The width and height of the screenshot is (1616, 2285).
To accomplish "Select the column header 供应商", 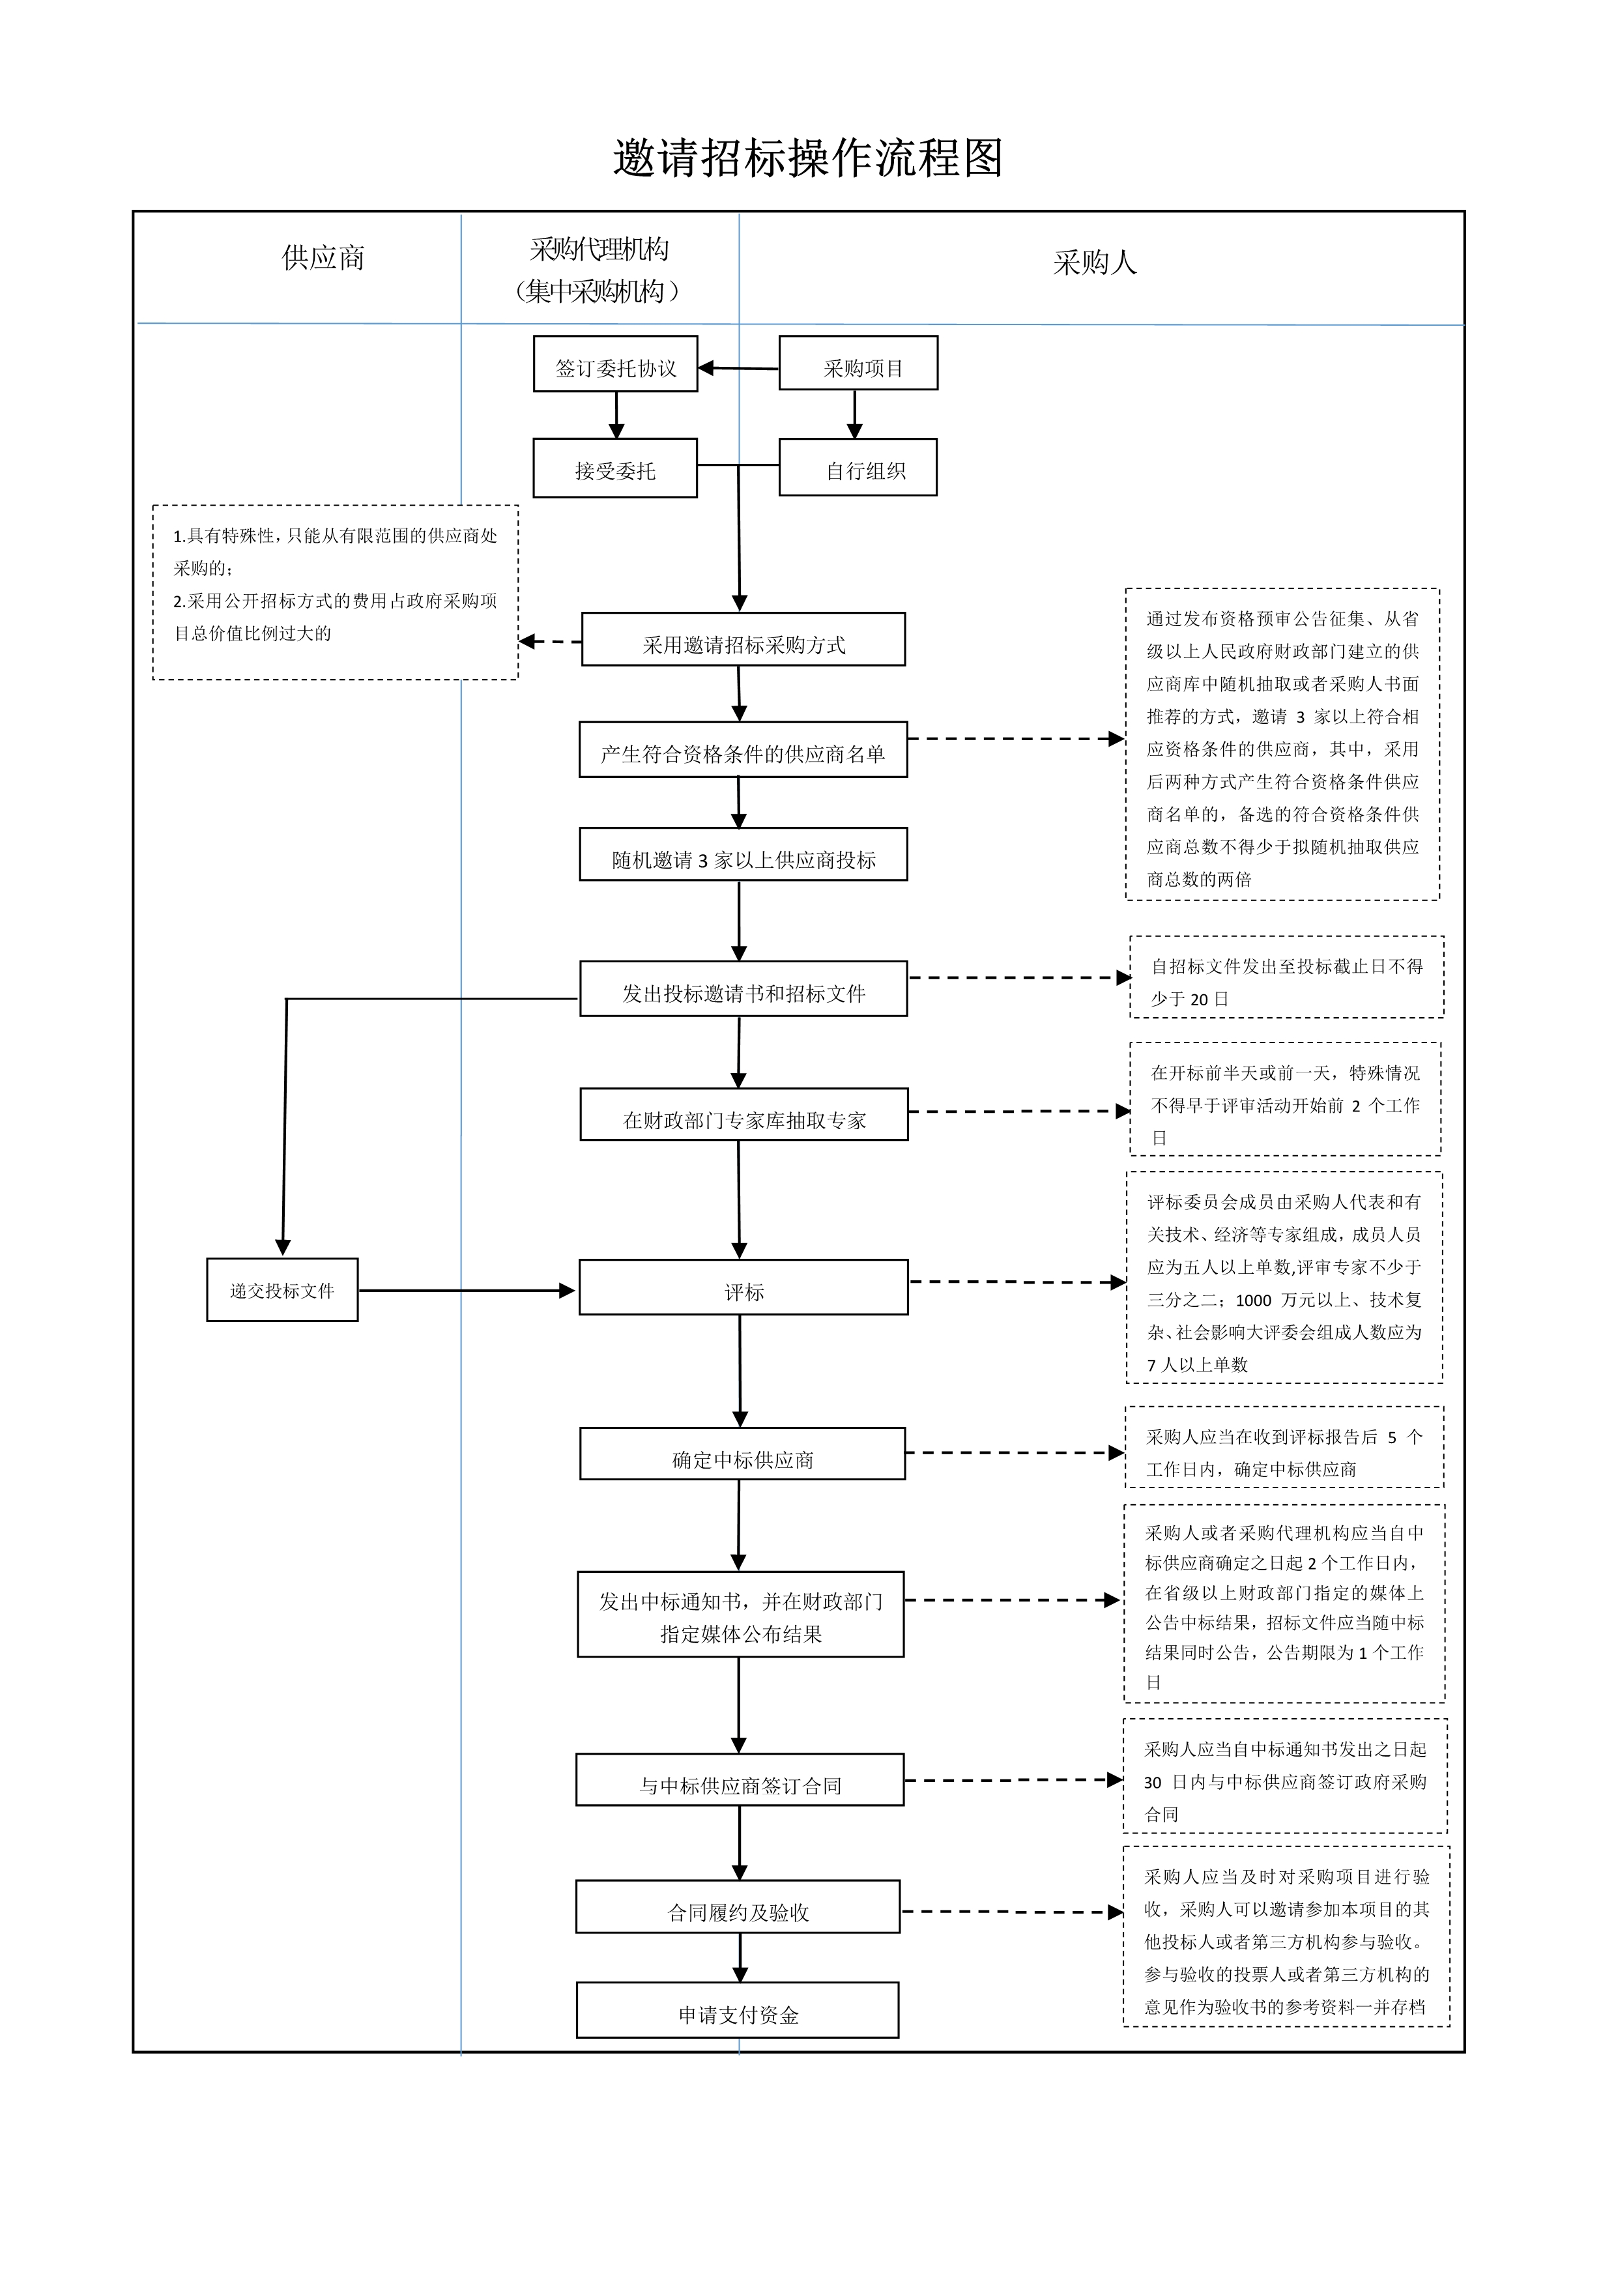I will tap(323, 258).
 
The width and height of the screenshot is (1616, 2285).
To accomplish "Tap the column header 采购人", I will tap(1095, 263).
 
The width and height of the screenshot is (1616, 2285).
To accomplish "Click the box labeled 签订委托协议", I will tap(615, 364).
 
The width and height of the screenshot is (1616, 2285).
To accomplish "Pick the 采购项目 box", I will tap(858, 364).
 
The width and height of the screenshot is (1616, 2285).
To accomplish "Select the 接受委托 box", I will tap(615, 468).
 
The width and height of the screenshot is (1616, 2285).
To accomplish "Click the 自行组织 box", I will tap(858, 468).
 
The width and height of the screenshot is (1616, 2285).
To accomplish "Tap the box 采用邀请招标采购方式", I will tap(743, 640).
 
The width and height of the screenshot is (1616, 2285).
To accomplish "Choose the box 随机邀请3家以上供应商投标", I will tap(743, 855).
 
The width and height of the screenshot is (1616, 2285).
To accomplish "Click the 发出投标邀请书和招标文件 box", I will tap(743, 989).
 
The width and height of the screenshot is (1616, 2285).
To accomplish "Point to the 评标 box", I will tap(743, 1288).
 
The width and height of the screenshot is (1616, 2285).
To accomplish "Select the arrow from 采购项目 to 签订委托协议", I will tap(738, 368).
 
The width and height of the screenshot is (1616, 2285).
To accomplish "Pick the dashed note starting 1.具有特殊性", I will tap(336, 593).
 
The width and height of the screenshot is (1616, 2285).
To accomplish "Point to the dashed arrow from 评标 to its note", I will tap(1015, 1282).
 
